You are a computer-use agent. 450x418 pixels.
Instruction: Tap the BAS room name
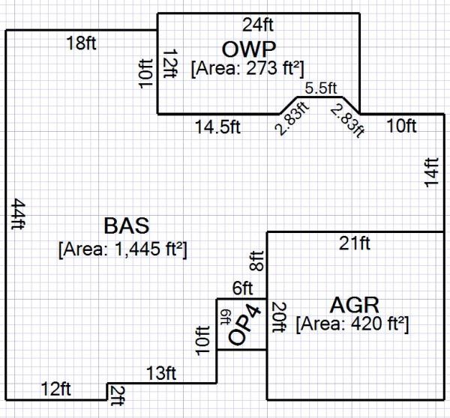(126, 225)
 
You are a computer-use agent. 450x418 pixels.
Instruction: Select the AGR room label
(354, 305)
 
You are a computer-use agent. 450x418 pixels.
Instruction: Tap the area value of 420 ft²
(352, 325)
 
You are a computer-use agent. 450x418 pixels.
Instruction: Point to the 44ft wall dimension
(17, 217)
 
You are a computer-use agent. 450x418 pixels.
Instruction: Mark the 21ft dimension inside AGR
(354, 243)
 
